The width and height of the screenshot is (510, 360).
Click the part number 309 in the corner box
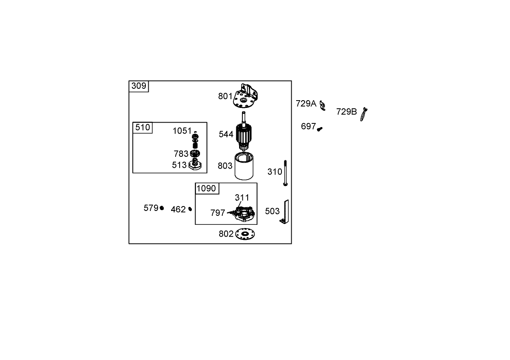pyautogui.click(x=138, y=86)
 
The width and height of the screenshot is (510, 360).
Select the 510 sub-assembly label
pyautogui.click(x=143, y=127)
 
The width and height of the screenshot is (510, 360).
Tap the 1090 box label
pyautogui.click(x=206, y=189)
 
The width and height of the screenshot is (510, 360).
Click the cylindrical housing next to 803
pyautogui.click(x=244, y=166)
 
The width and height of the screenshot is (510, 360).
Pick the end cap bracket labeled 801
pyautogui.click(x=246, y=96)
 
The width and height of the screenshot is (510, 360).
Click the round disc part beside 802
pyautogui.click(x=245, y=234)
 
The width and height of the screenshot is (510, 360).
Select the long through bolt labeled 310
pyautogui.click(x=285, y=173)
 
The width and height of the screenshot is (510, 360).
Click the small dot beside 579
pyautogui.click(x=162, y=208)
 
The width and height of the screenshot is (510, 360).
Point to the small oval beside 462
pyautogui.click(x=190, y=209)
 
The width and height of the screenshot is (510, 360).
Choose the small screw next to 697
pyautogui.click(x=320, y=129)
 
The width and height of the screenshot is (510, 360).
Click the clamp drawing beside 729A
pyautogui.click(x=322, y=105)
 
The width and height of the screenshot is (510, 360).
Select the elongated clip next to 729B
pyautogui.click(x=363, y=114)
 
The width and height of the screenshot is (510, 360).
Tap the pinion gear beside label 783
pyautogui.click(x=195, y=154)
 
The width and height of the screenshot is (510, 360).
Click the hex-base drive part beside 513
pyautogui.click(x=195, y=164)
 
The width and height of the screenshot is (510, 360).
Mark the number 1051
pyautogui.click(x=182, y=131)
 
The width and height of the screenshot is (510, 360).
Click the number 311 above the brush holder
pyautogui.click(x=242, y=198)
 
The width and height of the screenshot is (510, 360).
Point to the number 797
pyautogui.click(x=218, y=213)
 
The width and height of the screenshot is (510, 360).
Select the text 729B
pyautogui.click(x=347, y=112)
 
